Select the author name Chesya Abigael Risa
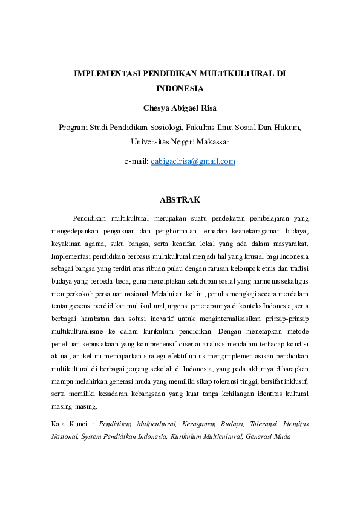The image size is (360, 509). click(x=180, y=108)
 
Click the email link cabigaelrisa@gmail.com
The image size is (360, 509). click(x=193, y=161)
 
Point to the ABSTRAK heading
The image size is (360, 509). click(x=180, y=199)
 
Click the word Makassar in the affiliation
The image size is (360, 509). click(x=209, y=142)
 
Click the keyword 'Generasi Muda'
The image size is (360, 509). click(x=268, y=436)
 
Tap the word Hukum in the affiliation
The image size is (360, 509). click(x=287, y=128)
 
